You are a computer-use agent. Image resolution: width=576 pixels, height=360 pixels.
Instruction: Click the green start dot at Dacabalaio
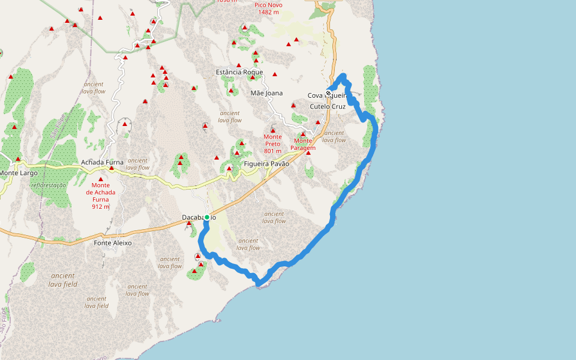[206, 217]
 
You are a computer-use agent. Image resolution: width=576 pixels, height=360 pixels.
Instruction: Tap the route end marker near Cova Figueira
[328, 92]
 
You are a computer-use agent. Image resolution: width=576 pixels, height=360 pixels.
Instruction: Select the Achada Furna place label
[102, 162]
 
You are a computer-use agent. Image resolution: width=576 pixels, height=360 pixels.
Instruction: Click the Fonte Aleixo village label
[113, 243]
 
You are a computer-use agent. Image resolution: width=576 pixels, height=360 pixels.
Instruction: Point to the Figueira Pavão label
[266, 164]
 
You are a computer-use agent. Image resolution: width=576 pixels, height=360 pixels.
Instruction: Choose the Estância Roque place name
[239, 73]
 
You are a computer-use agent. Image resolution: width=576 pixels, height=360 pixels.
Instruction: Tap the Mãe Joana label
[266, 93]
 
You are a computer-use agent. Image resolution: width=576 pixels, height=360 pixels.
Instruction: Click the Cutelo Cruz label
[328, 106]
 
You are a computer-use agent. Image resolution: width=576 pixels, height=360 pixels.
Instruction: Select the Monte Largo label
[19, 173]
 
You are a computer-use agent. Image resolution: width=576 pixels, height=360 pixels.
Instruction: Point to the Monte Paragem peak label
[303, 144]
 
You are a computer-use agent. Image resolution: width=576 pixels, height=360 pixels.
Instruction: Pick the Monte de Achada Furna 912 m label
[101, 196]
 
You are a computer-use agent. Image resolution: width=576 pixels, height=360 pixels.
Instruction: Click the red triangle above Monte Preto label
[272, 130]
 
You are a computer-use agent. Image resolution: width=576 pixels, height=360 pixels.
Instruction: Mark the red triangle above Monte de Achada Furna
[101, 179]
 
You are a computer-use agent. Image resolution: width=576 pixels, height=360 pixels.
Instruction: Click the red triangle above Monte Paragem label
[303, 134]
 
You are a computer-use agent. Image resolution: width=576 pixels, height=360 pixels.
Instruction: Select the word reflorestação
[48, 185]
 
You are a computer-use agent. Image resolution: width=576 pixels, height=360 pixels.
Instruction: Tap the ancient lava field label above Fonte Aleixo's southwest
[62, 280]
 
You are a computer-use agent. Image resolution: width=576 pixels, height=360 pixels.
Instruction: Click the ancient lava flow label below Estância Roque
[230, 116]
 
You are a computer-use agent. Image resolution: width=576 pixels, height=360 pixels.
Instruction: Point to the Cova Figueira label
[327, 95]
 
